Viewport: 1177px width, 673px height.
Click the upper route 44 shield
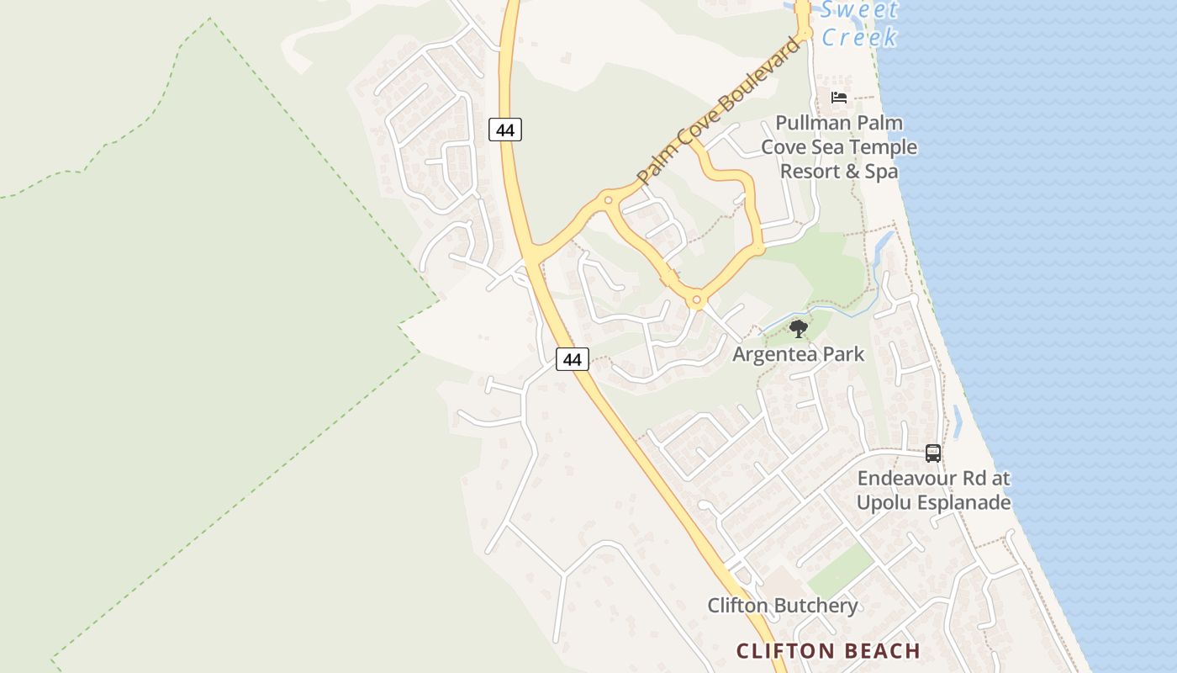coord(505,130)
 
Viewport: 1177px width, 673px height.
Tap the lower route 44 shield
coord(573,359)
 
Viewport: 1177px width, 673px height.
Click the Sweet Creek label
coord(859,24)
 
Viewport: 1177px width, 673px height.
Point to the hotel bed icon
coord(838,98)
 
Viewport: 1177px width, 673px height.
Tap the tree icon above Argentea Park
coord(799,329)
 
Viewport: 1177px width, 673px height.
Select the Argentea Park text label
coord(798,353)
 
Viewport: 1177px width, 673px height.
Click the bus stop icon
coord(933,453)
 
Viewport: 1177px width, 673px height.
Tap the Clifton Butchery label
coord(783,606)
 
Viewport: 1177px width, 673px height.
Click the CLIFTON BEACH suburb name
coord(828,650)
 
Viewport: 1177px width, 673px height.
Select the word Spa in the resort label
coord(882,171)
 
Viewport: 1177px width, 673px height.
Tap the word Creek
coord(859,38)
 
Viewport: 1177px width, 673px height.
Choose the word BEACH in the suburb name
coord(878,650)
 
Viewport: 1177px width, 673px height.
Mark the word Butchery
coord(815,606)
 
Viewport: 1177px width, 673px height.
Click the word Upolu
coord(881,503)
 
